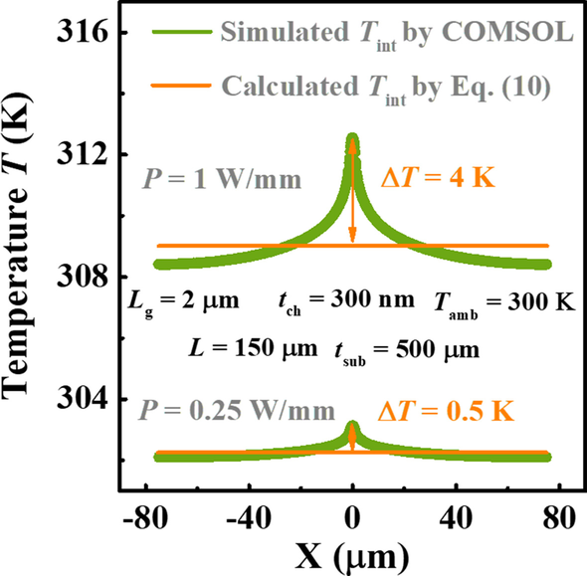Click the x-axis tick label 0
(352, 517)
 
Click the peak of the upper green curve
(352, 136)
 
